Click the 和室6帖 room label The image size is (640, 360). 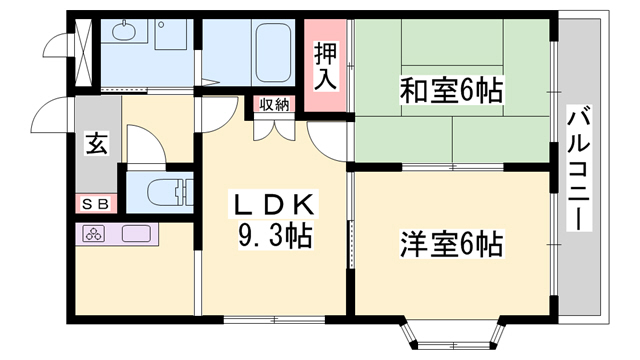451,90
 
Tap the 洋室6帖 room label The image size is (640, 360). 451,244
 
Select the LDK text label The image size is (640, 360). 275,204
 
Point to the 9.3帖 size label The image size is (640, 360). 275,236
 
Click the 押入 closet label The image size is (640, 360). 325,66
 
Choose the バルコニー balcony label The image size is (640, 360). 579,168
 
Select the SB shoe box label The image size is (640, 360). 96,204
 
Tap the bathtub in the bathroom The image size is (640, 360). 273,52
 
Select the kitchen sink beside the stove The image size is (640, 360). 136,234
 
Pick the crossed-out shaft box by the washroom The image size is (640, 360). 84,52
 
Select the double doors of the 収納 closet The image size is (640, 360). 274,128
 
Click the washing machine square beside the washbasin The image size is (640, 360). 171,34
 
